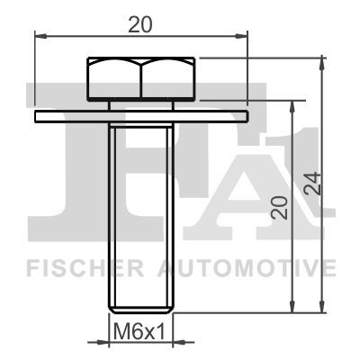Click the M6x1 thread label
[139, 330]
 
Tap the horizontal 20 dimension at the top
[140, 25]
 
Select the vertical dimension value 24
[312, 184]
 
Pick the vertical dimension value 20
[279, 207]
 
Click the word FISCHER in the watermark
[85, 268]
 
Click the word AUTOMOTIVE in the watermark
[247, 268]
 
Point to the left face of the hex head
[114, 78]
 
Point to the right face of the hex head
[167, 78]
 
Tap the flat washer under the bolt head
[141, 116]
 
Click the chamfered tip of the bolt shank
[141, 310]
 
